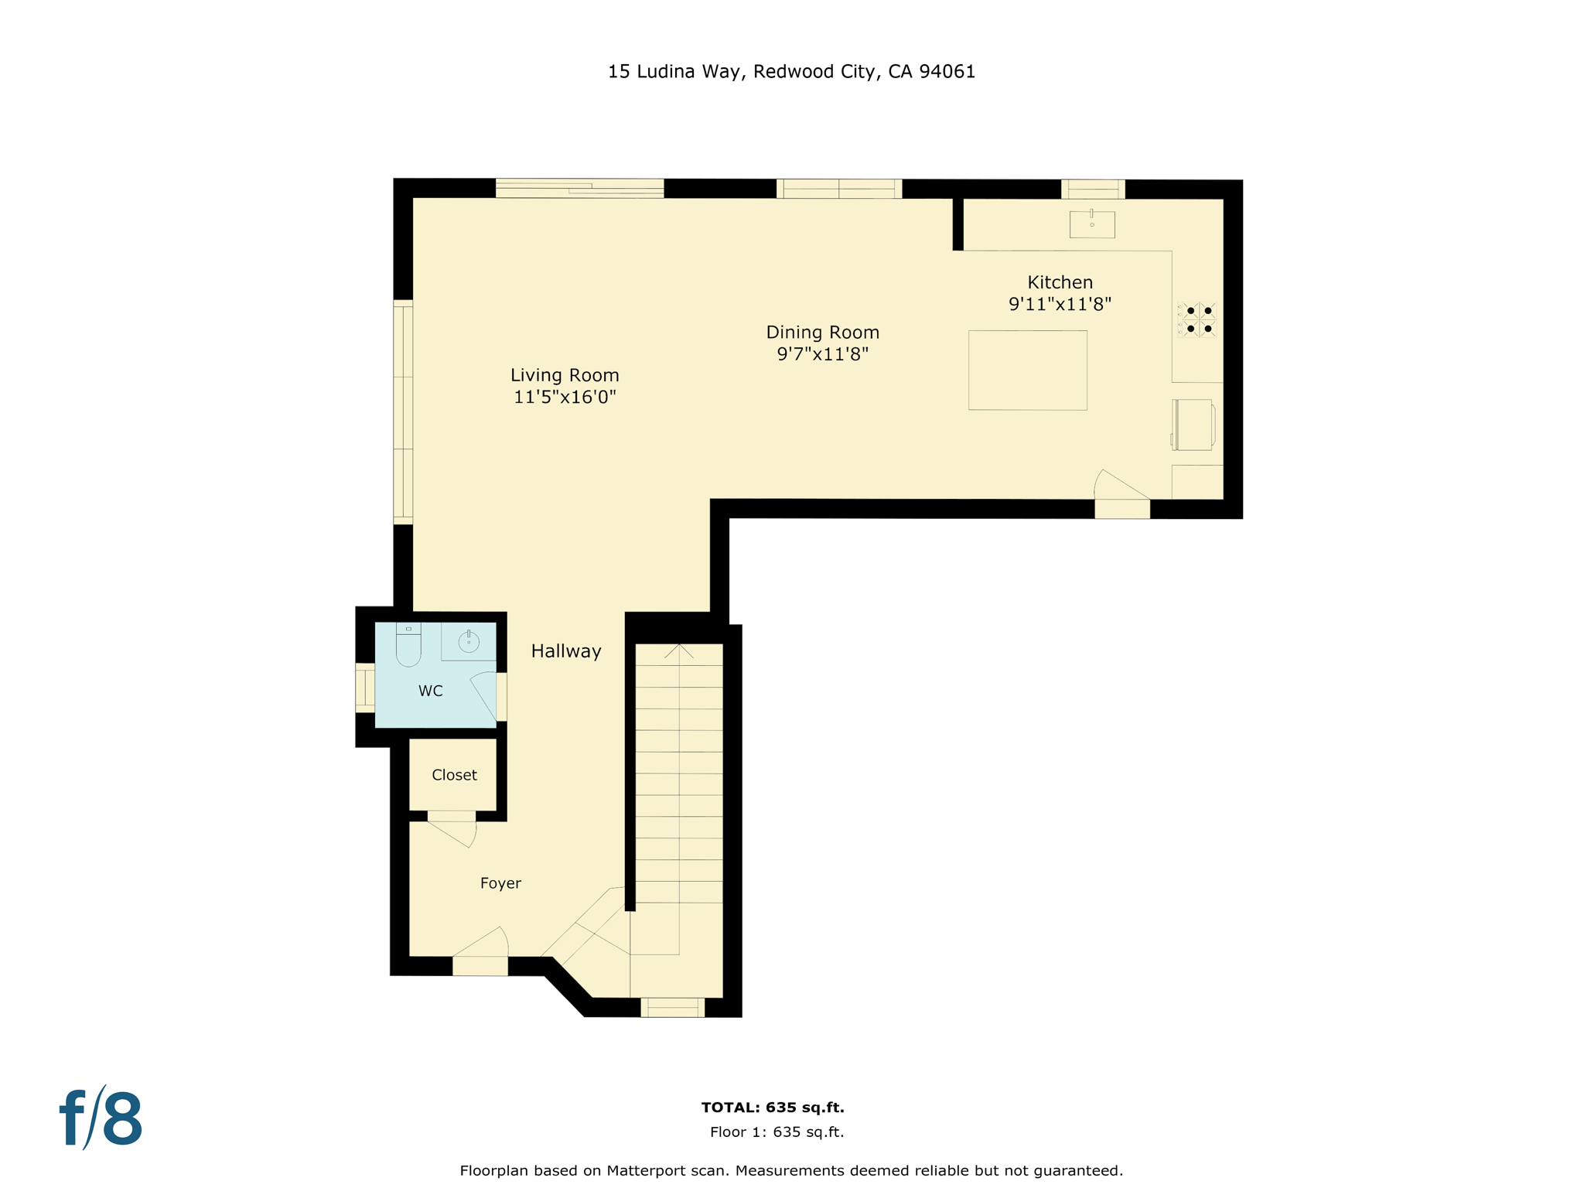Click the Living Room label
pos(565,375)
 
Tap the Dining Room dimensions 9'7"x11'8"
pos(822,354)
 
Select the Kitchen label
pos(1060,282)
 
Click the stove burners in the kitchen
pos(1197,319)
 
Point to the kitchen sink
pos(1091,224)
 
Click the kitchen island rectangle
pos(1027,370)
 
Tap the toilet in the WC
pos(408,646)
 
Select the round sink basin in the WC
pos(469,642)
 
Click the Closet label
pos(454,775)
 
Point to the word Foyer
pos(500,883)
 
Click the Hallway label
pos(566,651)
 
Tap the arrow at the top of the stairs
pos(679,651)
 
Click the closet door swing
pos(456,833)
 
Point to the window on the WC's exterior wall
pos(364,688)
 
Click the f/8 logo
pos(101,1119)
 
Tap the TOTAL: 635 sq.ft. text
pos(772,1108)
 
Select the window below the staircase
pos(672,1007)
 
